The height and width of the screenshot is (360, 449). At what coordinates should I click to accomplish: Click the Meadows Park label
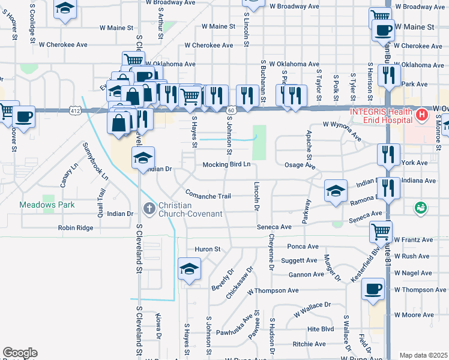[x=47, y=205]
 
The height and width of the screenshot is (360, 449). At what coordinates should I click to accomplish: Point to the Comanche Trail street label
[x=208, y=196]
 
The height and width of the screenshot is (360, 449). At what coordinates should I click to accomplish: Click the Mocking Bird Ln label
[x=226, y=164]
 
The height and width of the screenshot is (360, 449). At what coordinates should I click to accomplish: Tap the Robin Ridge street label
[x=76, y=228]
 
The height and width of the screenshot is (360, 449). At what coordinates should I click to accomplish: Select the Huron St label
[x=208, y=249]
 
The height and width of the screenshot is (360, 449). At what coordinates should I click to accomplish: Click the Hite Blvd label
[x=320, y=329]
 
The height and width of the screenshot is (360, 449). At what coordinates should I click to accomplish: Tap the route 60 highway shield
[x=231, y=110]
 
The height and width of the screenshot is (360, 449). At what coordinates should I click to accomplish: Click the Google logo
[x=20, y=352]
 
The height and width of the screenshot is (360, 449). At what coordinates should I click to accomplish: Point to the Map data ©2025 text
[x=423, y=355]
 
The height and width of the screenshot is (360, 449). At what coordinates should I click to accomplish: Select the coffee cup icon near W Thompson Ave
[x=373, y=289]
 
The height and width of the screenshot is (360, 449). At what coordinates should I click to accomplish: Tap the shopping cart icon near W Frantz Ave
[x=380, y=230]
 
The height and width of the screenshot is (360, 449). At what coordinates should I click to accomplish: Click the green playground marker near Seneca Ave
[x=421, y=208]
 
